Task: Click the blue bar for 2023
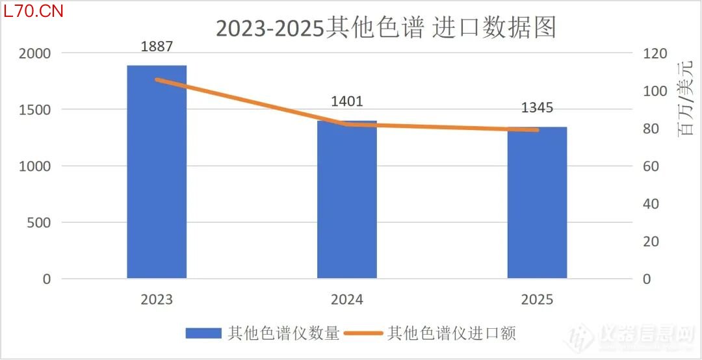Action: (x=157, y=172)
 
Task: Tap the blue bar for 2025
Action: (x=537, y=203)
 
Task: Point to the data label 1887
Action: (x=157, y=46)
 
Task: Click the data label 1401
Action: (x=347, y=101)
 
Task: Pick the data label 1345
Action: (x=537, y=108)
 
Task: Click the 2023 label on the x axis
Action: (x=157, y=300)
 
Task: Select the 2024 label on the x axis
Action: (x=347, y=300)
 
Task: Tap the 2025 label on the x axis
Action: (x=537, y=300)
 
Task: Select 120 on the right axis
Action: (x=655, y=53)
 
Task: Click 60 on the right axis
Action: (x=652, y=166)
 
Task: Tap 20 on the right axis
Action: (x=652, y=242)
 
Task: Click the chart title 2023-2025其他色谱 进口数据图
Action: (x=386, y=29)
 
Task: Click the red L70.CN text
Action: (x=32, y=12)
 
